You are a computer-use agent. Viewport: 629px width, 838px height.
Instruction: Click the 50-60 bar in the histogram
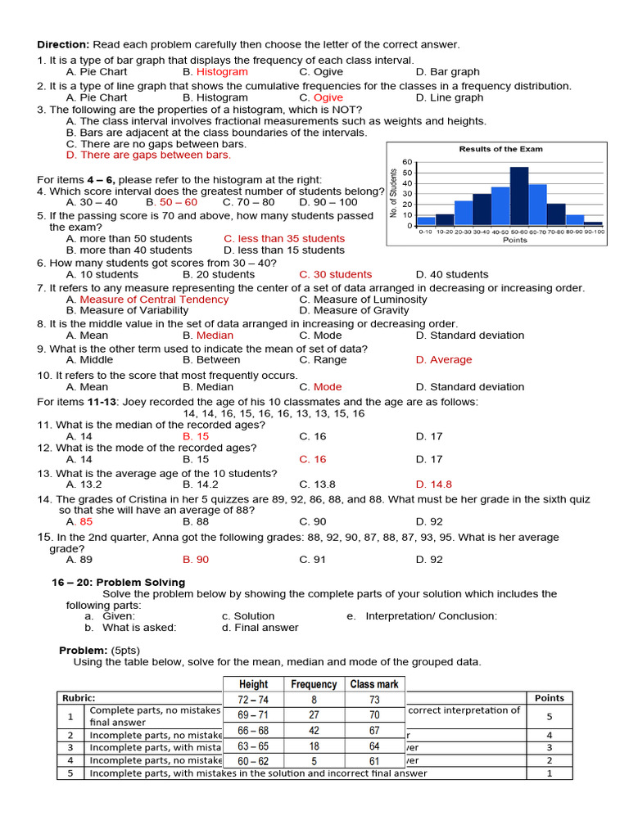(518, 196)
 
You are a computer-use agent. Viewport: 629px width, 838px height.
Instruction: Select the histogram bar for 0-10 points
(426, 221)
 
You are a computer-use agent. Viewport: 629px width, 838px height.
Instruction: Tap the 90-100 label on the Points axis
(595, 232)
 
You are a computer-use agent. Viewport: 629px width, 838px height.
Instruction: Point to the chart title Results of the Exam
(500, 149)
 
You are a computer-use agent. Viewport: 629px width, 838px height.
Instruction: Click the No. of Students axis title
(395, 193)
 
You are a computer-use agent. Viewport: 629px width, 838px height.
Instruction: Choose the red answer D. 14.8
(433, 484)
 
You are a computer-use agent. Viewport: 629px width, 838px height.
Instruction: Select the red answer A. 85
(79, 520)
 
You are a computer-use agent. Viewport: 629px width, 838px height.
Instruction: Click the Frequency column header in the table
(314, 684)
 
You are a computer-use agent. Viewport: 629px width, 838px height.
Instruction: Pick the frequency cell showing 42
(314, 730)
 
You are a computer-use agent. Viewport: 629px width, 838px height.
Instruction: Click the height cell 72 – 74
(253, 700)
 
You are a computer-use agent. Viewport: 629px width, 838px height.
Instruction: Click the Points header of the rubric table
(549, 698)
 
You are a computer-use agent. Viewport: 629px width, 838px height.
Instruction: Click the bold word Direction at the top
(63, 44)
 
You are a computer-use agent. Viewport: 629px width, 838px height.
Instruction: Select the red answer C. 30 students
(335, 274)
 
